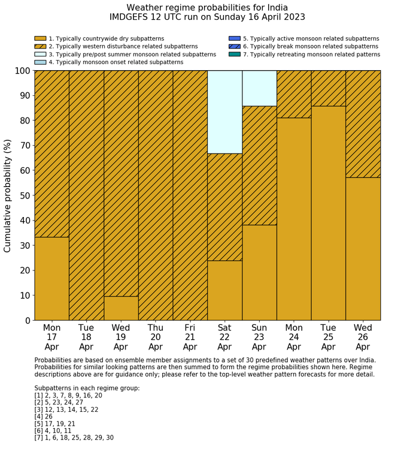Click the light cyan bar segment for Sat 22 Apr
click(224, 112)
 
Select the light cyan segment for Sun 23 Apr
click(259, 88)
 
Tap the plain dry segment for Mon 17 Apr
click(51, 279)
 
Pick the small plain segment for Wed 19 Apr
click(121, 308)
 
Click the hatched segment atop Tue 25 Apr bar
click(328, 88)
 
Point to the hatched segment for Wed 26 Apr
click(363, 124)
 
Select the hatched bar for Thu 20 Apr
click(156, 195)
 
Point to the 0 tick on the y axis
click(27, 321)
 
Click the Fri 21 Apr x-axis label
click(190, 337)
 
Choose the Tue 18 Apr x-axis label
click(86, 337)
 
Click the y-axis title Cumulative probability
click(8, 195)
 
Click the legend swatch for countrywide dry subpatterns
click(40, 38)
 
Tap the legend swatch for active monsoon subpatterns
click(235, 38)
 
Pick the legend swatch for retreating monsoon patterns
click(235, 54)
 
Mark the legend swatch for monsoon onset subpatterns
click(40, 62)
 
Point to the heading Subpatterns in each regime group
click(87, 388)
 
